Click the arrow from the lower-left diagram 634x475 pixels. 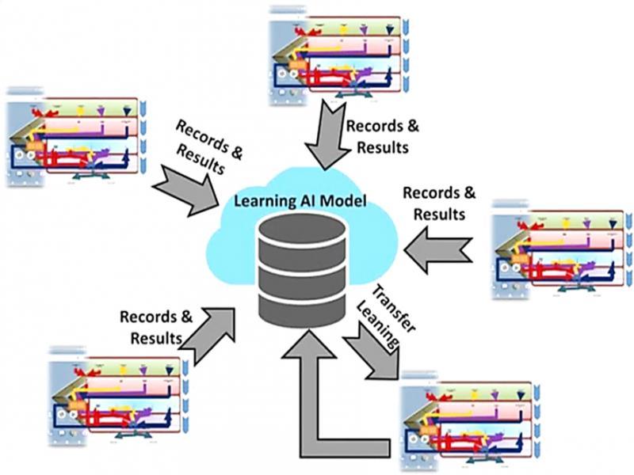click(x=210, y=329)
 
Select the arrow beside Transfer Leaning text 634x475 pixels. click(x=372, y=352)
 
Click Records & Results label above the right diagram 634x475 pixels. click(x=440, y=203)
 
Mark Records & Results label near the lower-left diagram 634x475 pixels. click(x=156, y=327)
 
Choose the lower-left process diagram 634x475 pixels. click(x=119, y=396)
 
